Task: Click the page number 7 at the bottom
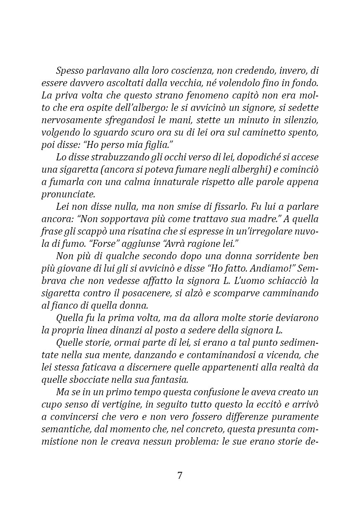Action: point(180,475)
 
